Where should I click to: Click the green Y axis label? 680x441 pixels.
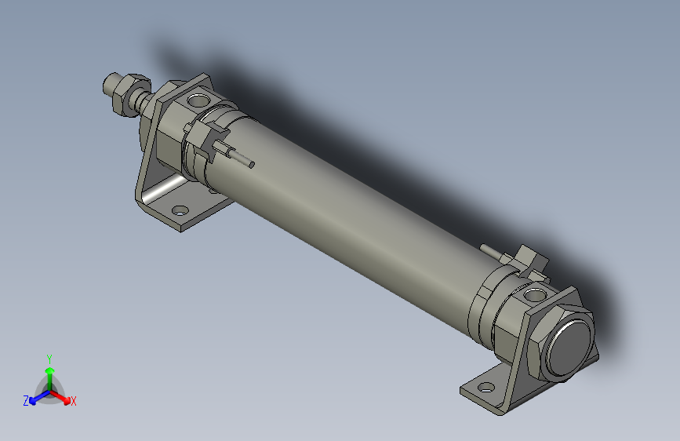49,359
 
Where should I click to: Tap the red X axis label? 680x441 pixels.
73,401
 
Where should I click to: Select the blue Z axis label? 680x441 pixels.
26,401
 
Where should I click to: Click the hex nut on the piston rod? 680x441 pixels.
130,96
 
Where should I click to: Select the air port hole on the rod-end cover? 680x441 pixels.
198,100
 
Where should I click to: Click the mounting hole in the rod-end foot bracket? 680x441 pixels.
180,211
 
